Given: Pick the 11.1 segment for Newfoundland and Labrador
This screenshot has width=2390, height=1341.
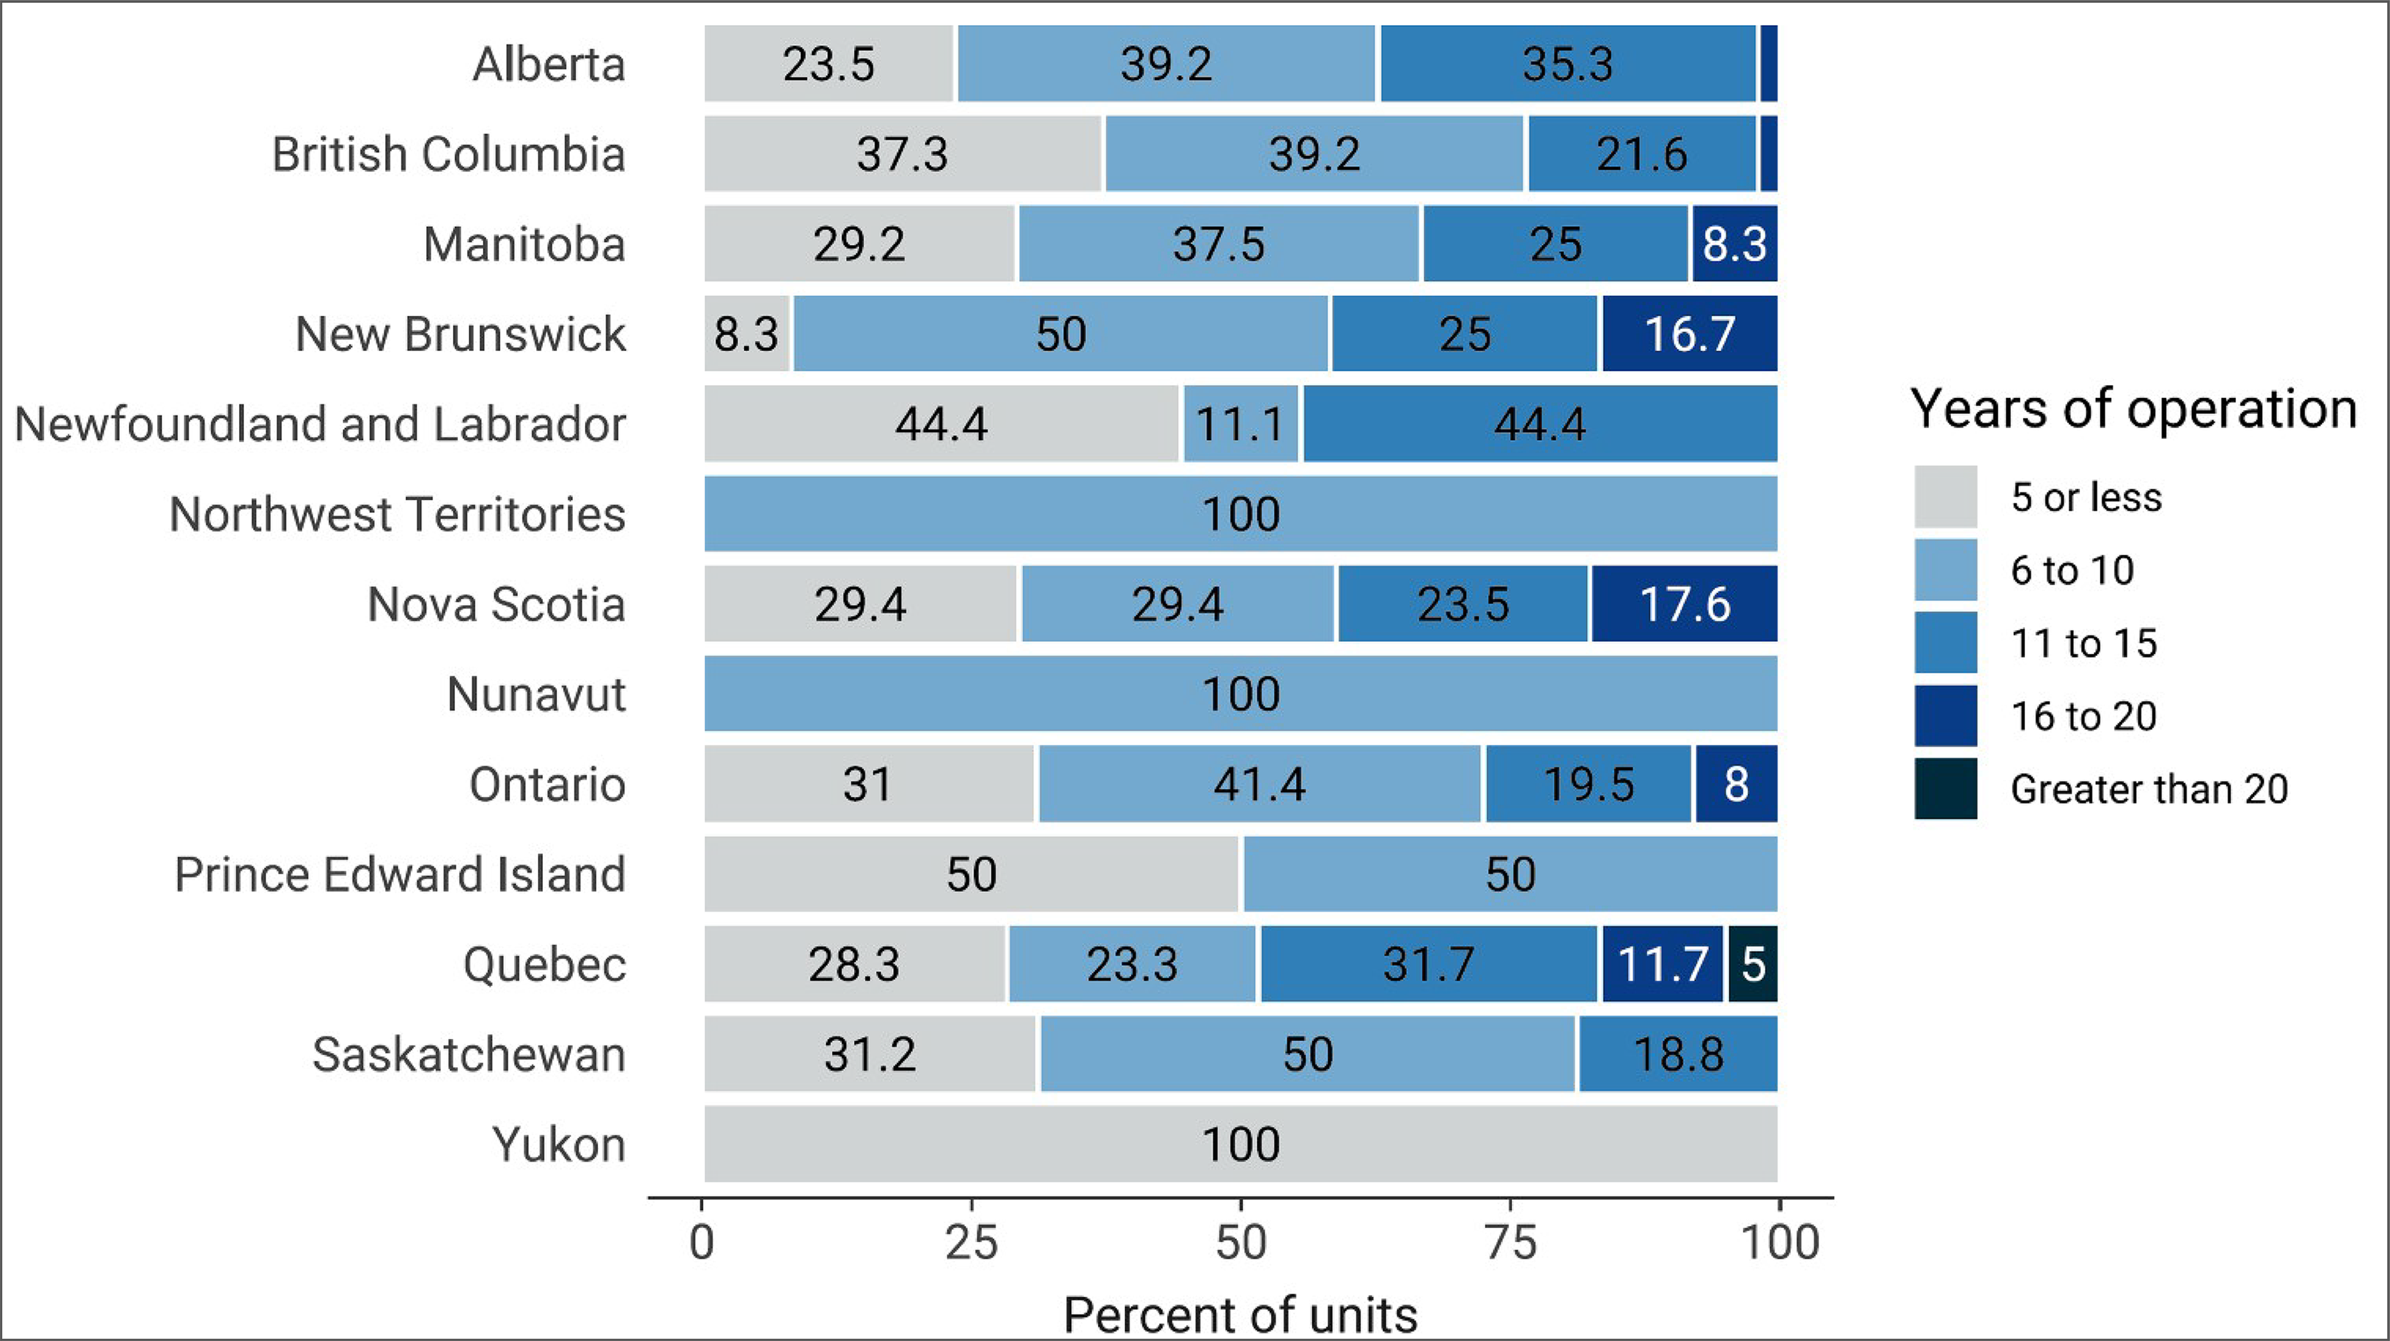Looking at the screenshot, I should tap(1240, 424).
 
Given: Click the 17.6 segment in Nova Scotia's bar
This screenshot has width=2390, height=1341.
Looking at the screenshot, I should tap(1684, 604).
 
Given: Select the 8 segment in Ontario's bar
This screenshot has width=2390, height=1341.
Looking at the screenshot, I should tap(1736, 784).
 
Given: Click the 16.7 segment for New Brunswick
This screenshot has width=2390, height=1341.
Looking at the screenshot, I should tap(1689, 334).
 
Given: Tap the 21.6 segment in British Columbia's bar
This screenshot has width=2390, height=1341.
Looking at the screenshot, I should tap(1641, 154).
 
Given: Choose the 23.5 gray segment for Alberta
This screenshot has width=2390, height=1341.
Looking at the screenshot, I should tap(828, 64).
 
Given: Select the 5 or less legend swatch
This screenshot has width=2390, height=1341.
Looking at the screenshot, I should tap(1946, 497).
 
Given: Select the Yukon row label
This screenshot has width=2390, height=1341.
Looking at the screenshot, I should tap(559, 1144).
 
